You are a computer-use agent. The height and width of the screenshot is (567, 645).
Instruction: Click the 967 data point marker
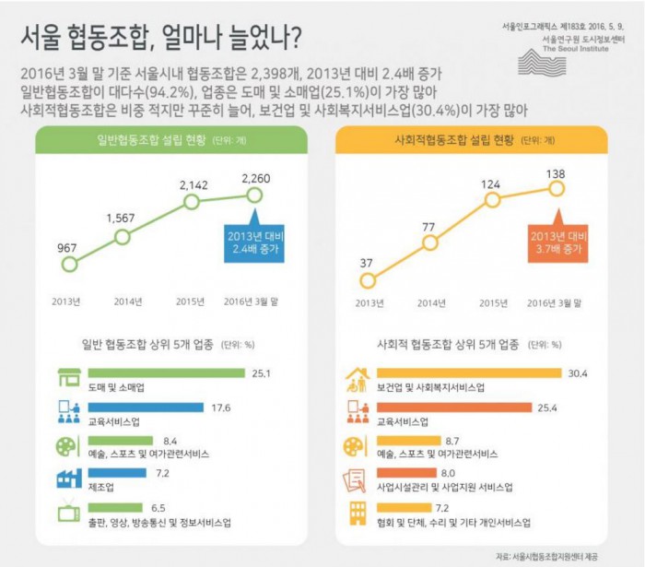pyautogui.click(x=68, y=264)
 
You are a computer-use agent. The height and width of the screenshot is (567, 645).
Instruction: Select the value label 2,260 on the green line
pyautogui.click(x=258, y=175)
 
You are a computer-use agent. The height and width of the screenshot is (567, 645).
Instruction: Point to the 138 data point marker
pyautogui.click(x=556, y=188)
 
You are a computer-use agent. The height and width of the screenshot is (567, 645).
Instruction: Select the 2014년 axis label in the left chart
pyautogui.click(x=128, y=301)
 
